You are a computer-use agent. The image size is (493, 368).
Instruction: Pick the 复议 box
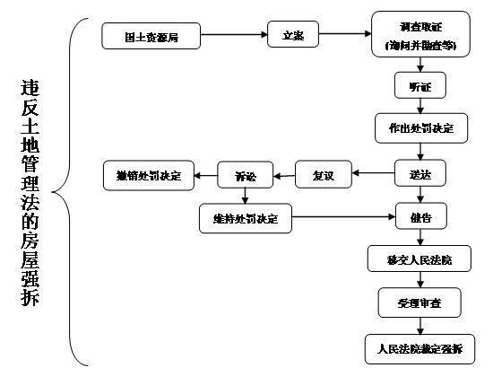pyautogui.click(x=322, y=173)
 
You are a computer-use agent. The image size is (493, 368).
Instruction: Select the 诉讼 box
pyautogui.click(x=245, y=174)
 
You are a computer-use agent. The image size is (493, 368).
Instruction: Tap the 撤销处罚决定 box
pyautogui.click(x=143, y=174)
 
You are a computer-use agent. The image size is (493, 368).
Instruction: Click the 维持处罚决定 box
pyautogui.click(x=245, y=217)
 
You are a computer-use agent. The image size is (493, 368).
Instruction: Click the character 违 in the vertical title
pyautogui.click(x=30, y=90)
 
